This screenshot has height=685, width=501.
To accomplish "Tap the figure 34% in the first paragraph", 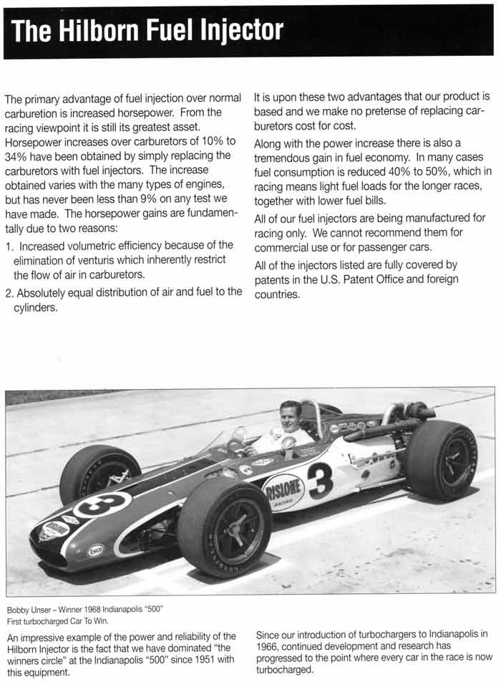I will tap(16, 155).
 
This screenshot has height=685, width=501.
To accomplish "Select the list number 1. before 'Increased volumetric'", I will tap(9, 246).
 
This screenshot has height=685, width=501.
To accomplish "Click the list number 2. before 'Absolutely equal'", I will tap(9, 292).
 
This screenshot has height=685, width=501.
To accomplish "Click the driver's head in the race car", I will tap(290, 416).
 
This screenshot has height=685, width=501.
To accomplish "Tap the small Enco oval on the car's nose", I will tap(95, 550).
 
